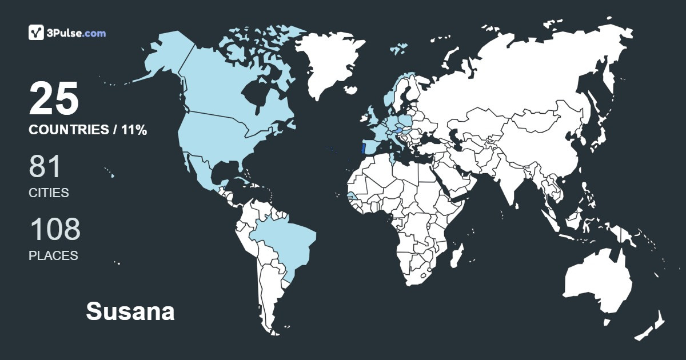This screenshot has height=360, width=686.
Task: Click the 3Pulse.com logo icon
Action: [x=37, y=33]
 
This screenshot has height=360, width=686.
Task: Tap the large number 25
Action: [x=54, y=99]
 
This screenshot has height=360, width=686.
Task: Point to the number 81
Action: [x=45, y=167]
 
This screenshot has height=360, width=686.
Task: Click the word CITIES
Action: [x=49, y=193]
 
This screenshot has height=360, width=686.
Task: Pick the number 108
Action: [x=55, y=230]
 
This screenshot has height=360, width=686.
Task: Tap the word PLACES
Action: [x=53, y=256]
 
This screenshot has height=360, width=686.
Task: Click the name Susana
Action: [x=130, y=312]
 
